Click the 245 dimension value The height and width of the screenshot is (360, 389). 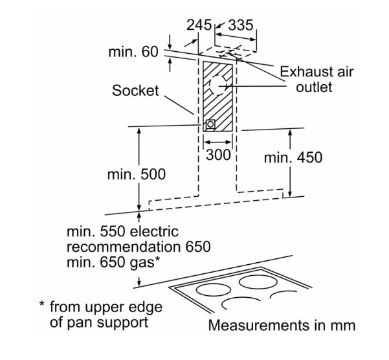(199, 25)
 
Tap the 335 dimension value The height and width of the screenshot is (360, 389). (241, 25)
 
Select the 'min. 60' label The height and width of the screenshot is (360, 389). (133, 52)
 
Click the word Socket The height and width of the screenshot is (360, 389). (135, 91)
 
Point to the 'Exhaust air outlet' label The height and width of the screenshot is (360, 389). (316, 79)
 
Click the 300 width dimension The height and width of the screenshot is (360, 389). (218, 154)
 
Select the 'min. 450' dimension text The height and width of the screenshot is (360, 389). (293, 158)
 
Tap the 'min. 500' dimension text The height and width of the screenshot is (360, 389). (136, 174)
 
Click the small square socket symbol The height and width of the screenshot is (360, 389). (210, 124)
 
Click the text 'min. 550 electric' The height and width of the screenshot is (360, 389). (123, 232)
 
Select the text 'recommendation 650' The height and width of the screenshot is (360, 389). (139, 247)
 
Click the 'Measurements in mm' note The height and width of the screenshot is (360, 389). (282, 325)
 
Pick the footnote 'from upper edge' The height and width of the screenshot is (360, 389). (106, 307)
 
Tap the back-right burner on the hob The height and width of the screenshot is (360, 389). (259, 282)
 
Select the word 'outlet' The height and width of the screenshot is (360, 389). (314, 87)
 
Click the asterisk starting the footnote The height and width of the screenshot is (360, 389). (42, 304)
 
